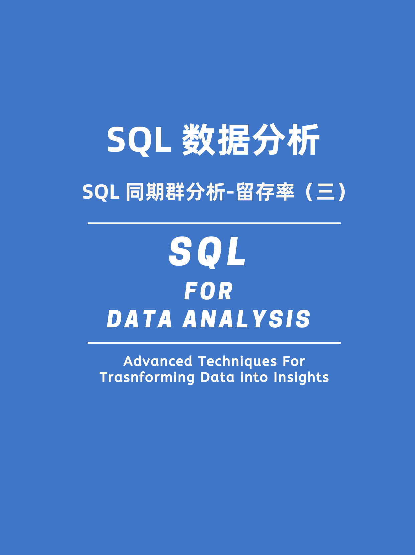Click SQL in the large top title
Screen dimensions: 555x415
point(139,140)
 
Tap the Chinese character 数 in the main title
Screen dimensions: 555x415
point(198,140)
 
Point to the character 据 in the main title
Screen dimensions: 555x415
point(234,140)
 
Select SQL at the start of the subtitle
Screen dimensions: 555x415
point(101,192)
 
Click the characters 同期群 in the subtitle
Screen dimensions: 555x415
point(155,192)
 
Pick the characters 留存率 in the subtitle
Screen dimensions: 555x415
point(265,192)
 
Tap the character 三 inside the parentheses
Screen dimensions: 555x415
point(325,192)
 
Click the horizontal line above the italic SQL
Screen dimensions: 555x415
point(214,223)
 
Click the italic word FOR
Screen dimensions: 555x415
point(209,291)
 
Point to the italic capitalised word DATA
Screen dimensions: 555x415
point(140,319)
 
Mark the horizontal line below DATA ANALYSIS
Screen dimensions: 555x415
point(214,343)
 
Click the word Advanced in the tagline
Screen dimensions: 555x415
point(158,361)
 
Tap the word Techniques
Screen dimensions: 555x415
point(238,362)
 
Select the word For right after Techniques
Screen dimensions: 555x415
point(294,361)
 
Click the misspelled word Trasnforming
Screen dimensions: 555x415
point(147,378)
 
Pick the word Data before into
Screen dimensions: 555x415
point(218,377)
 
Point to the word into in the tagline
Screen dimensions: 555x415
point(254,377)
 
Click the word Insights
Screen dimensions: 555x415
point(301,378)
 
